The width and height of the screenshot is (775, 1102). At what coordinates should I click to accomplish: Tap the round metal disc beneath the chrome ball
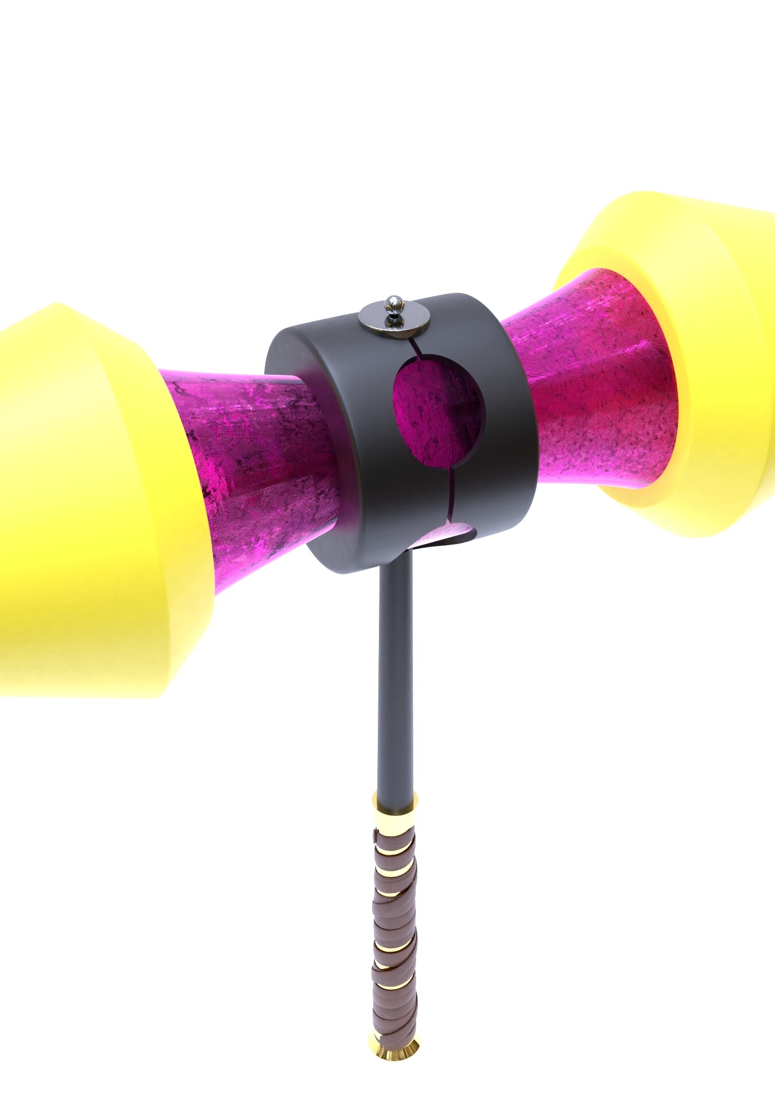(x=395, y=320)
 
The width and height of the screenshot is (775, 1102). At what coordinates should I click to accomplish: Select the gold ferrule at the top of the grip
(x=395, y=804)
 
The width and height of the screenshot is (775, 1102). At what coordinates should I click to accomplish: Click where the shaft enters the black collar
(x=396, y=562)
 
